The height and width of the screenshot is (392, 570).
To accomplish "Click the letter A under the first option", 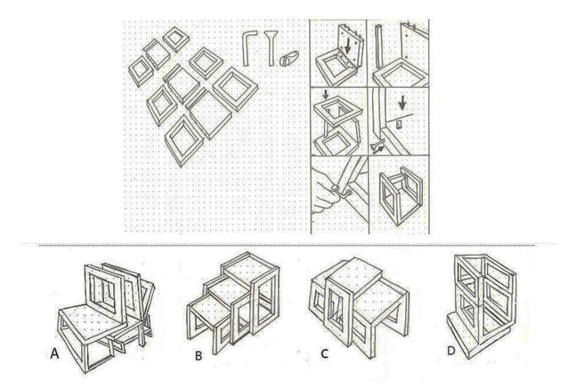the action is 54,353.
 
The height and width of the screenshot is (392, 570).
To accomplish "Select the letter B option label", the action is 199,355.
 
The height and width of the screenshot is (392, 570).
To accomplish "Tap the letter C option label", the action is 325,353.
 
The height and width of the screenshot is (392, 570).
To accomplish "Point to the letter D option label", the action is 451,351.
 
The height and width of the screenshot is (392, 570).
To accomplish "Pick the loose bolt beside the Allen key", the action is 271,48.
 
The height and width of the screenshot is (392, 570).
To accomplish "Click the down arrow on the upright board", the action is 348,46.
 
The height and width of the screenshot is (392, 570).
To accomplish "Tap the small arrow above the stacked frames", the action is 326,95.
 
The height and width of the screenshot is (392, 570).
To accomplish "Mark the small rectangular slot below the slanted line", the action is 399,125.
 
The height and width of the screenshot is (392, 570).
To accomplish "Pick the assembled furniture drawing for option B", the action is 233,303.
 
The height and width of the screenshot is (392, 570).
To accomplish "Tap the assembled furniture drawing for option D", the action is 482,307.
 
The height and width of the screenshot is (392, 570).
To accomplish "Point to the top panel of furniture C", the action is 357,274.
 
